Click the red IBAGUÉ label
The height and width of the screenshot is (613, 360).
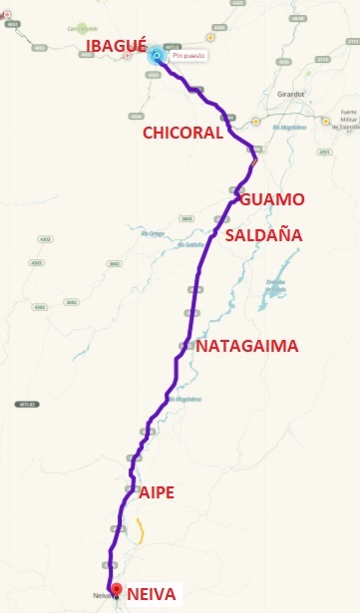tap(118, 47)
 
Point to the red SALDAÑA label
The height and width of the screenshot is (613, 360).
tap(265, 235)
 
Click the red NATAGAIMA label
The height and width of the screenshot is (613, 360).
tap(246, 347)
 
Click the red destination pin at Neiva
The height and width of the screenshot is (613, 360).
tap(116, 588)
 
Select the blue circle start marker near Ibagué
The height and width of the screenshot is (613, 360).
tap(157, 56)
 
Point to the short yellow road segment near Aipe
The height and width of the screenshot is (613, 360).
tap(141, 533)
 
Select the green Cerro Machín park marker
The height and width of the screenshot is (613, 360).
tap(82, 27)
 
